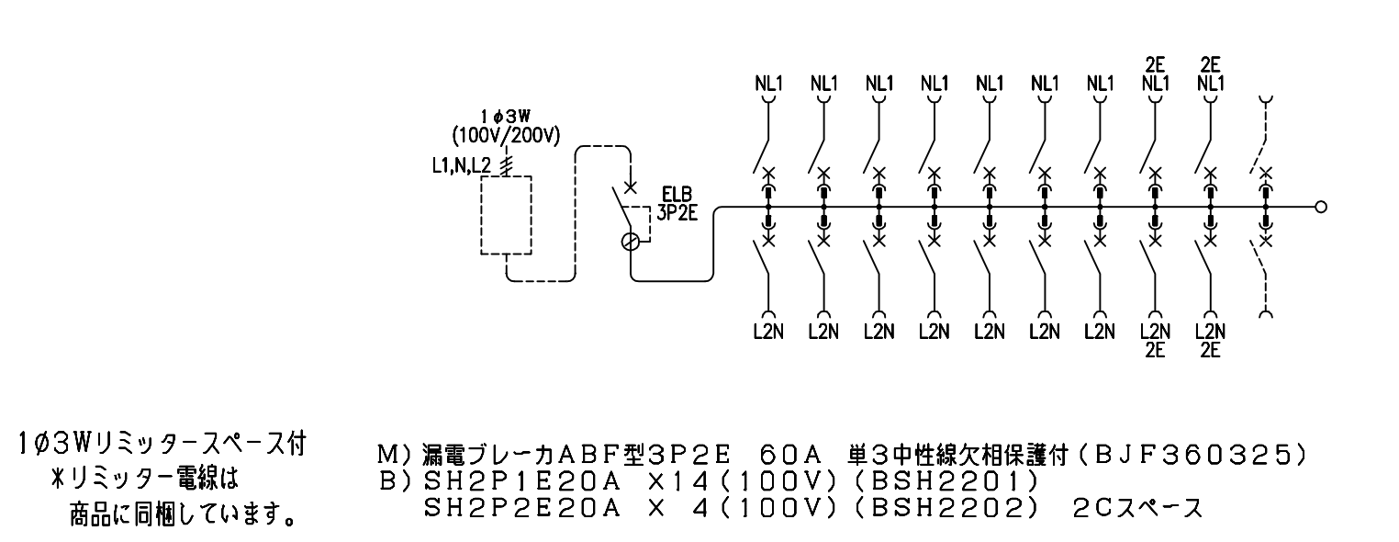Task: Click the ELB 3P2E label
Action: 677,205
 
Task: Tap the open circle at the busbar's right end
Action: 1321,207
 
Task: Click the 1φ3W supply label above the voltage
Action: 505,117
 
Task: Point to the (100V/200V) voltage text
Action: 506,135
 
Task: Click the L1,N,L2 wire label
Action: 462,165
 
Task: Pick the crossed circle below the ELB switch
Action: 631,242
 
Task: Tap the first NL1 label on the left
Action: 769,84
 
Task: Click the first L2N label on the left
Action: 768,332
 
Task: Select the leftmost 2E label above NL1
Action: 1156,64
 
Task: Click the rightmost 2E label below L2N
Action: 1210,350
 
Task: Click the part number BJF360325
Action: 1192,455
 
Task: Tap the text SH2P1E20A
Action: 522,481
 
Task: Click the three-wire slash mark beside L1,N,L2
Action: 507,165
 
